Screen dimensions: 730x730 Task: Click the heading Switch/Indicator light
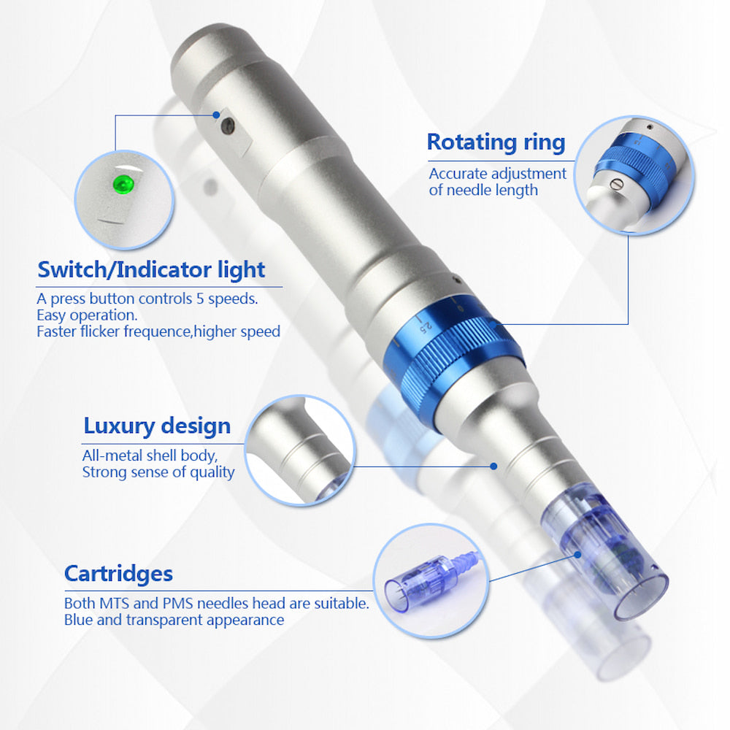tap(151, 270)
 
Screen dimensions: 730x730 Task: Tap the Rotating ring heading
tap(496, 142)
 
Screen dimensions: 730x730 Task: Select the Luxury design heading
tap(157, 426)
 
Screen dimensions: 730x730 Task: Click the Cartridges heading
tap(118, 573)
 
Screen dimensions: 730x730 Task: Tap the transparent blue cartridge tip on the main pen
tap(606, 562)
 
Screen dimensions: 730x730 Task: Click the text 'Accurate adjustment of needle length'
tap(497, 182)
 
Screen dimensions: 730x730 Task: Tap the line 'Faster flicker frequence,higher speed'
tap(158, 331)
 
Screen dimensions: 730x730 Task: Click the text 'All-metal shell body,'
tap(150, 456)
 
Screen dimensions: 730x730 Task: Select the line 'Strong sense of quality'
tap(158, 472)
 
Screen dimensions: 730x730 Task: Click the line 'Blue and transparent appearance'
tap(174, 620)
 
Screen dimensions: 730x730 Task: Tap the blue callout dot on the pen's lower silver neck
tap(494, 465)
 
